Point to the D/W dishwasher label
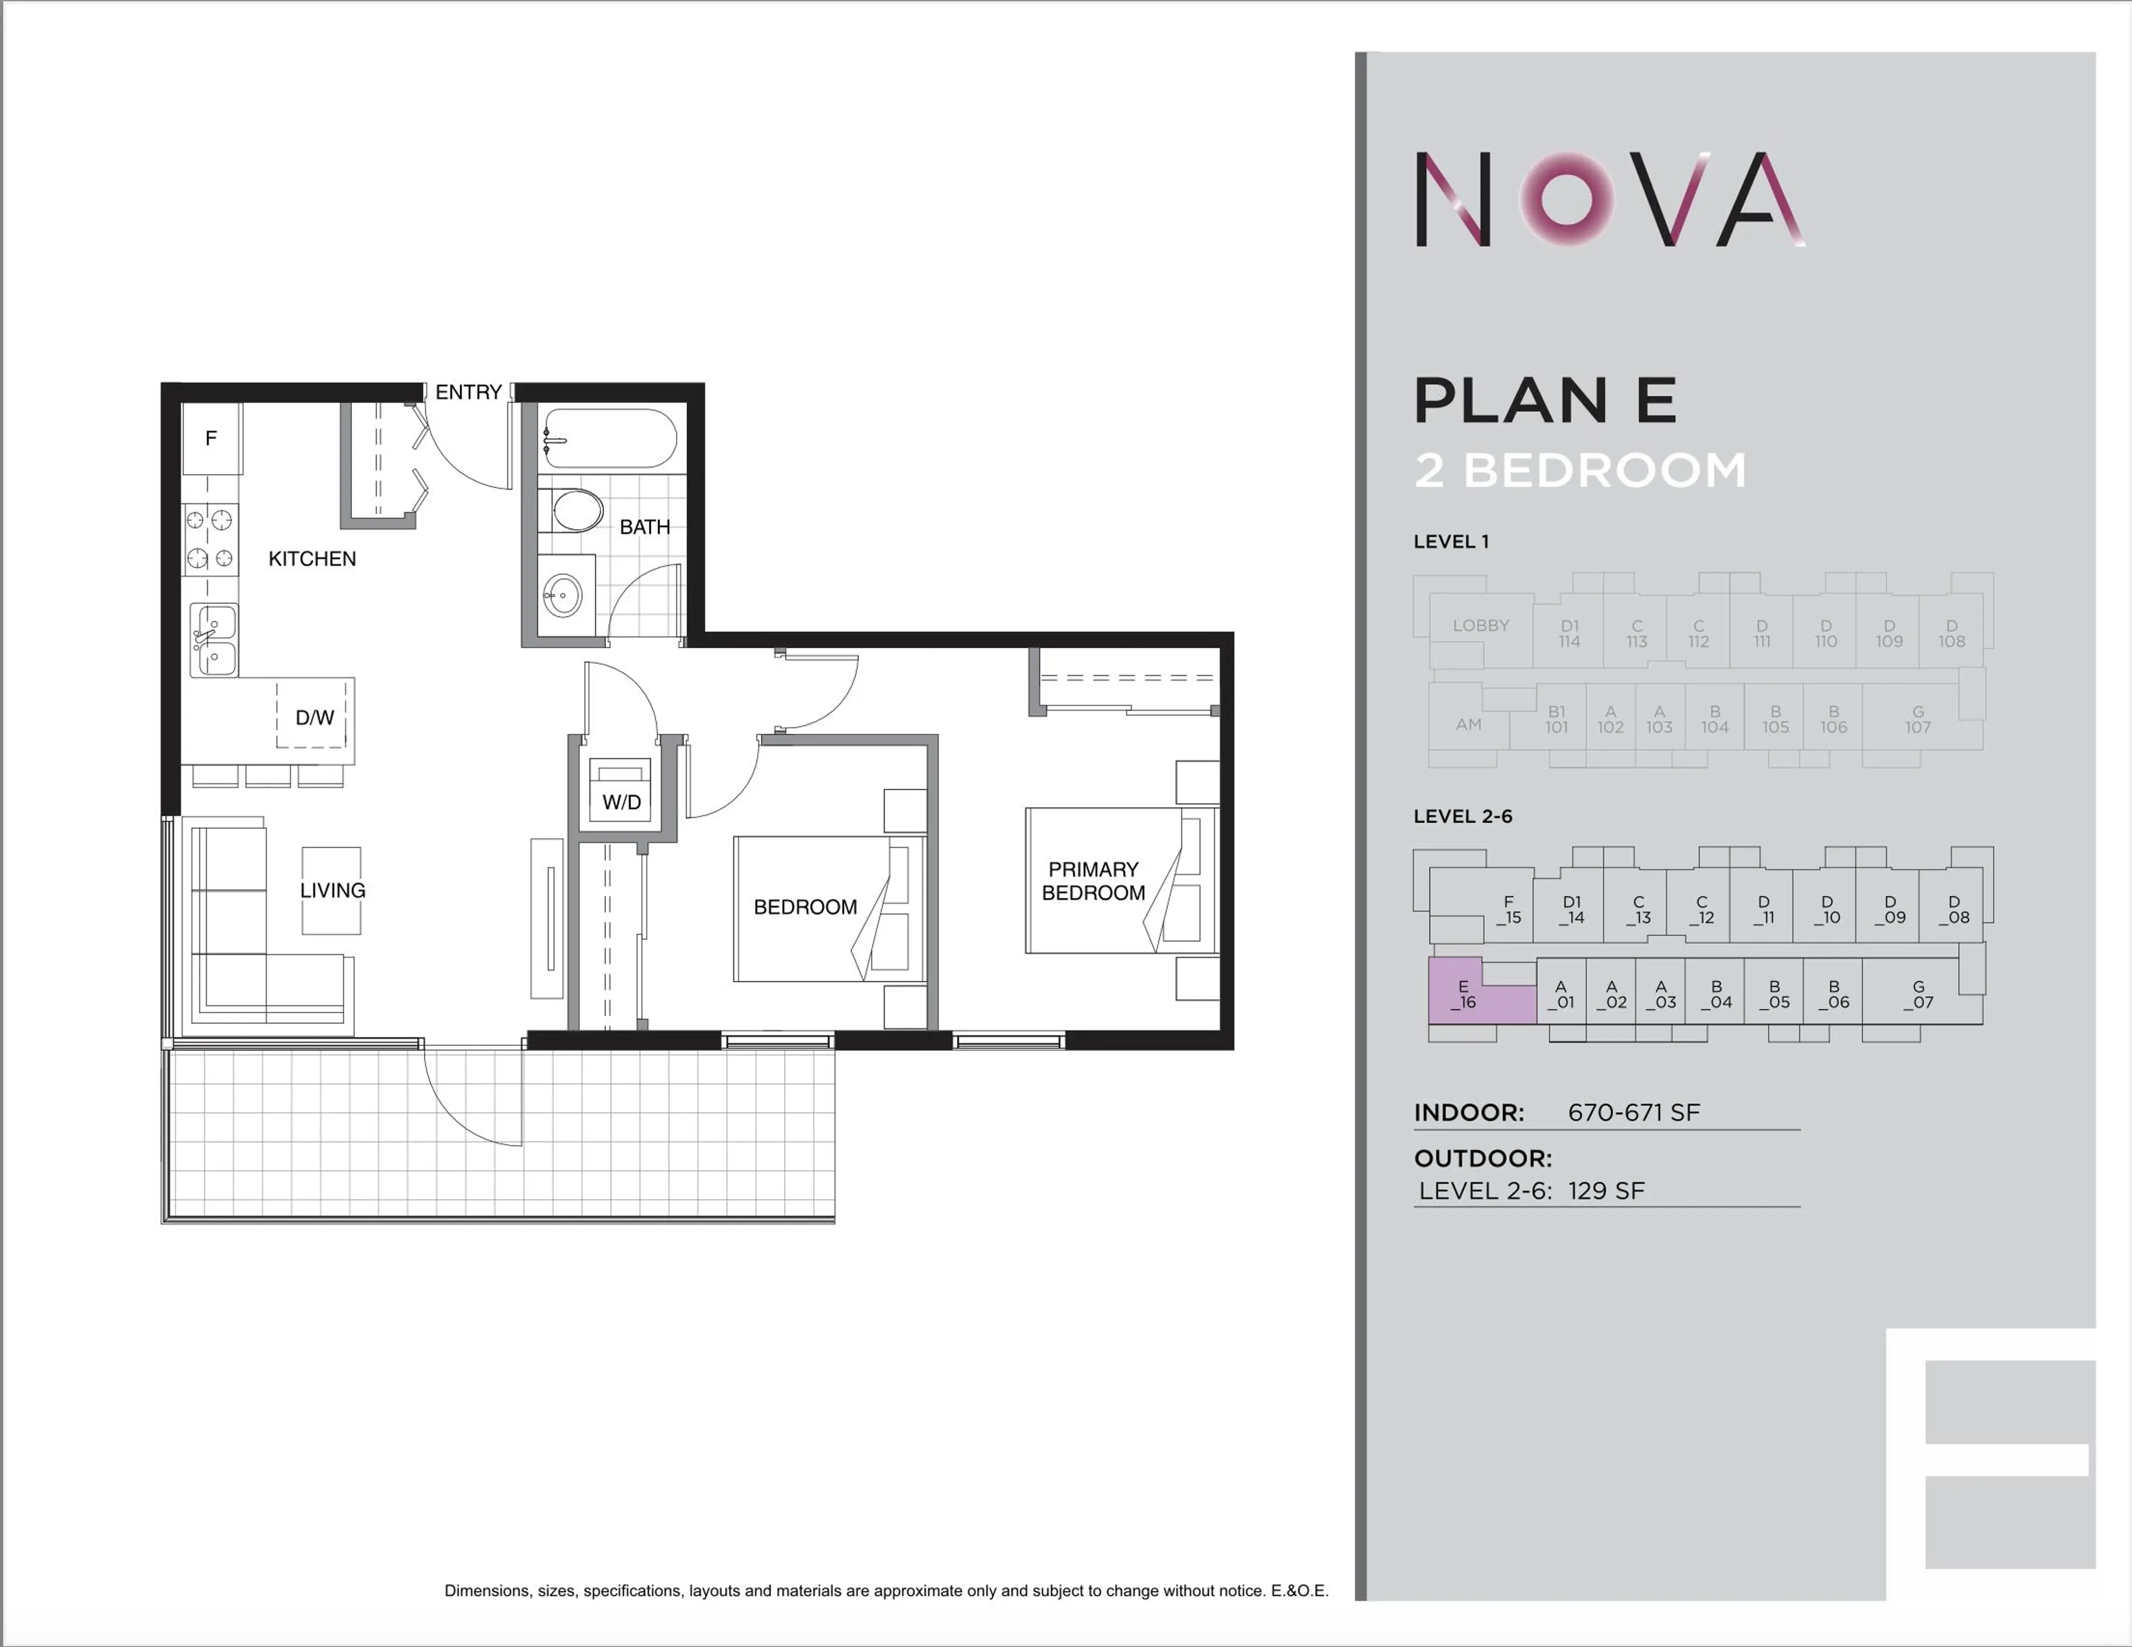(314, 718)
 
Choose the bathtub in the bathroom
(609, 439)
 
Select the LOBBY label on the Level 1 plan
(1480, 626)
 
